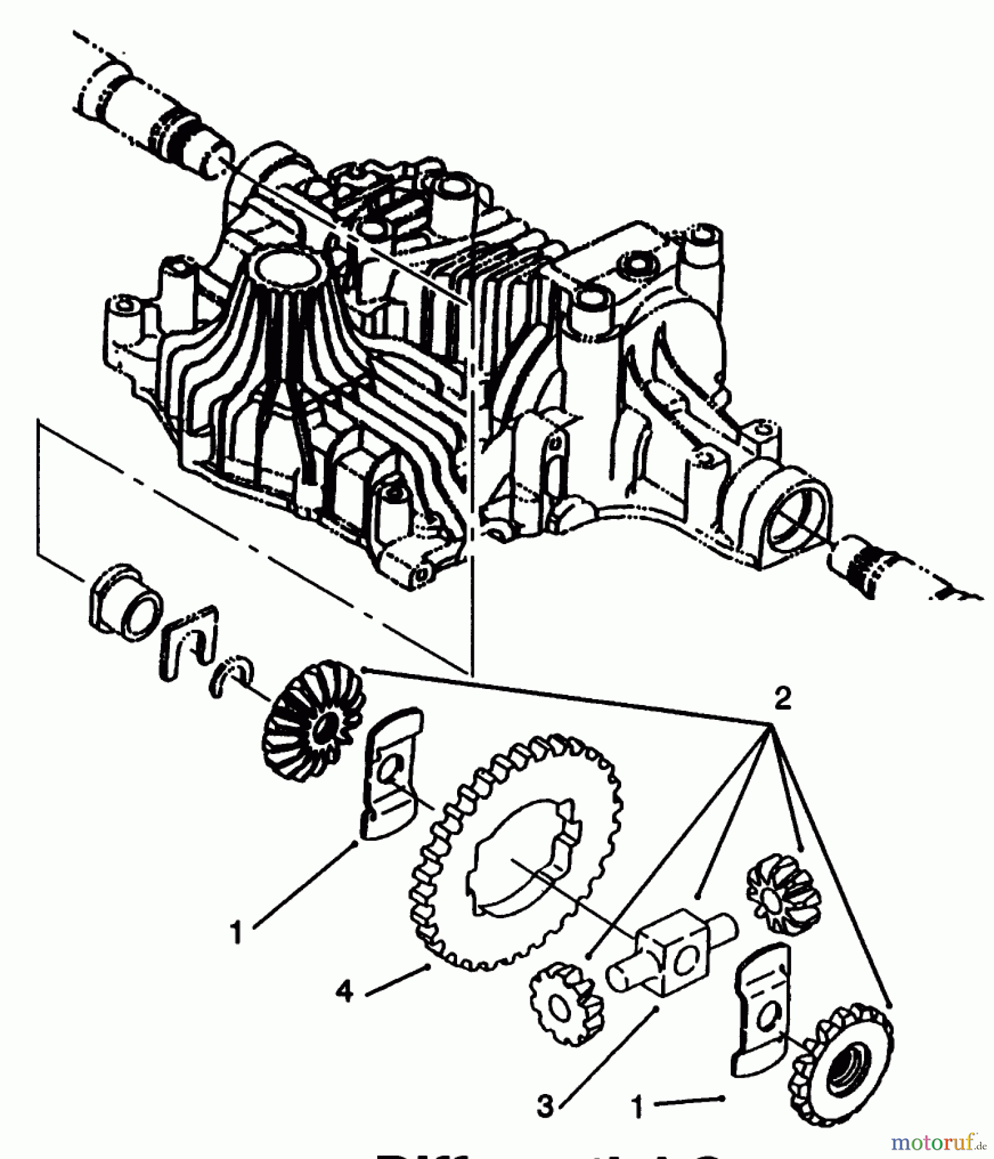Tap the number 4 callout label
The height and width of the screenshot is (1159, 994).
click(x=345, y=992)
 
